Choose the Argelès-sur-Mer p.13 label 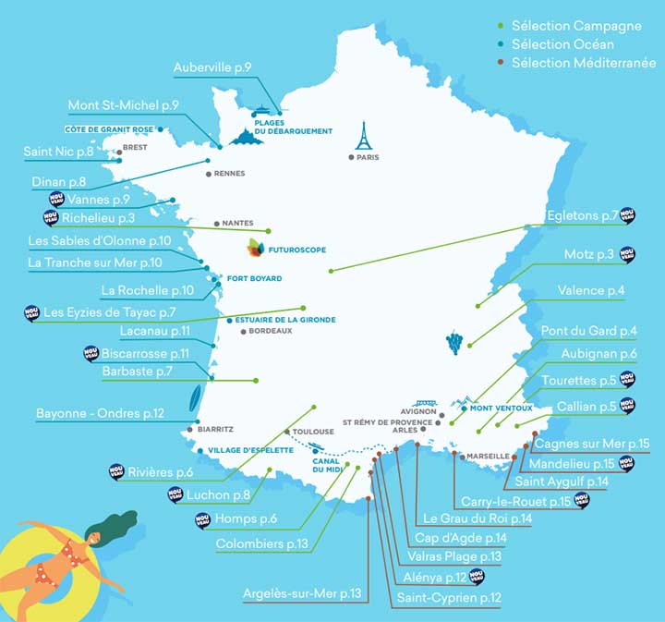[301, 592]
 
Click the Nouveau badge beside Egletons [628, 215]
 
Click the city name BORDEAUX [271, 331]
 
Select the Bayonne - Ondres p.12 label [100, 413]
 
